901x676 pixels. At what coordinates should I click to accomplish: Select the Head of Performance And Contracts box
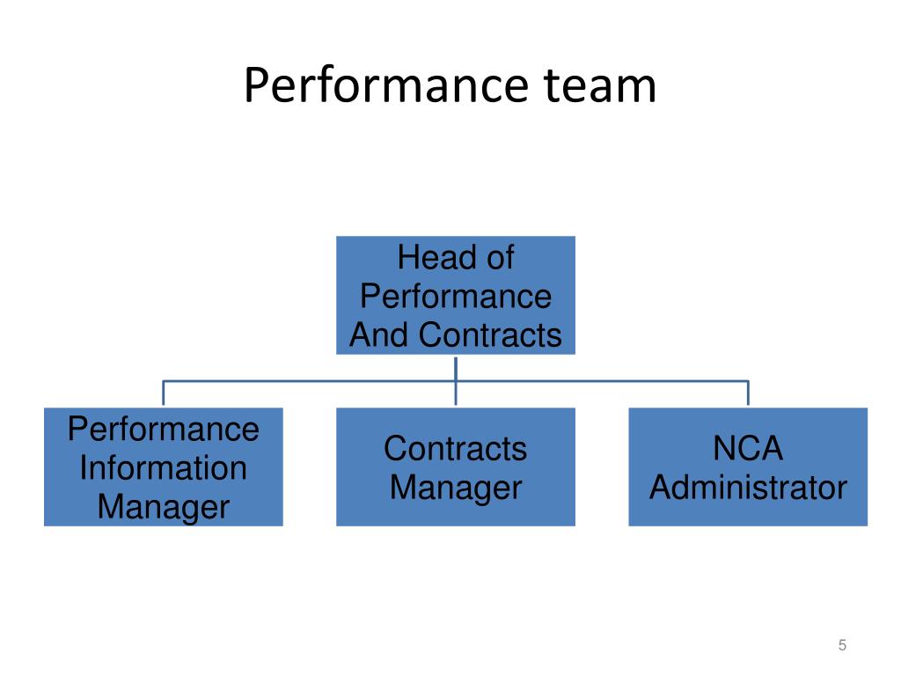456,295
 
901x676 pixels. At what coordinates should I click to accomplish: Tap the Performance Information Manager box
164,467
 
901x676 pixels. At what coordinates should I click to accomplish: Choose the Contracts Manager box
456,467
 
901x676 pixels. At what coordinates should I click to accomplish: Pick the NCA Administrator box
748,467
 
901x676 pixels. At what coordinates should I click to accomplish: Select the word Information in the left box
164,467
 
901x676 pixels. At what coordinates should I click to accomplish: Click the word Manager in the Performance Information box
164,506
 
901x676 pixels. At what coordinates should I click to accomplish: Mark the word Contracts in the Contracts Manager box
456,448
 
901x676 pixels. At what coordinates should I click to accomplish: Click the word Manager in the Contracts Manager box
456,487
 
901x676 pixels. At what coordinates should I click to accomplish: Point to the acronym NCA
748,448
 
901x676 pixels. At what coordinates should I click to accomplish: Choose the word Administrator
748,487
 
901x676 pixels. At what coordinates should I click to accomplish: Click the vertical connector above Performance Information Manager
164,393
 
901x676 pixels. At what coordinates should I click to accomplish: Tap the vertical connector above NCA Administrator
748,393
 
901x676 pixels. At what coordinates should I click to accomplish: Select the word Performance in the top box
456,297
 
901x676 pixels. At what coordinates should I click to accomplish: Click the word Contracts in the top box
490,334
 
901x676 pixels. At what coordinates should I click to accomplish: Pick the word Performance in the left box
164,429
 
